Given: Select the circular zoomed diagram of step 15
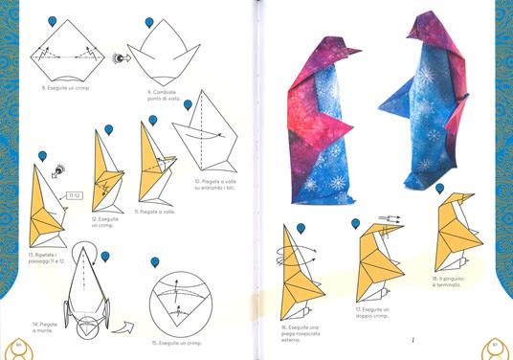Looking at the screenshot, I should [x=174, y=299].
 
